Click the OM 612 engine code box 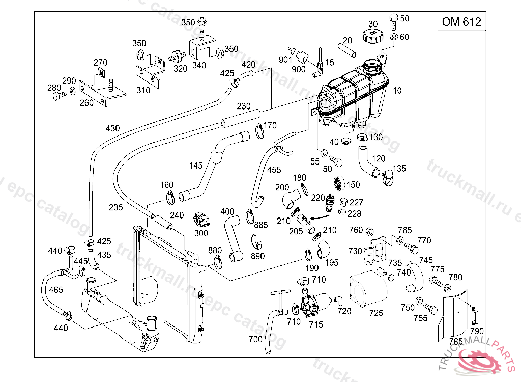(461, 22)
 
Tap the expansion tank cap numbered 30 (371, 36)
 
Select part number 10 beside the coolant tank (397, 91)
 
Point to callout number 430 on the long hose (112, 128)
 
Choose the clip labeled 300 (201, 220)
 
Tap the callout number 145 (195, 165)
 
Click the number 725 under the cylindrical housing (376, 313)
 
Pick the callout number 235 (115, 207)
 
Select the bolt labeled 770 (412, 249)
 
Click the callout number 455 (274, 170)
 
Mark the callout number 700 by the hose (255, 339)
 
